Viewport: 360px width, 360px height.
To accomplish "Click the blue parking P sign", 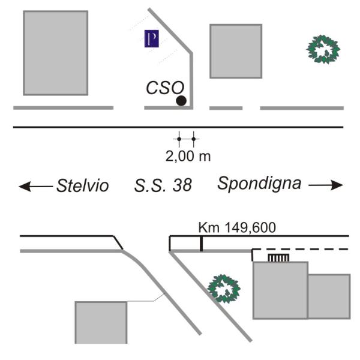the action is (x=152, y=38).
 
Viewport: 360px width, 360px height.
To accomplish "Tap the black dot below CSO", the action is (x=181, y=101).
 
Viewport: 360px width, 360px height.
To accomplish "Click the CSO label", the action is (x=165, y=88).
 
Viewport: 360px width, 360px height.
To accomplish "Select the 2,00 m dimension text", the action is (x=188, y=157).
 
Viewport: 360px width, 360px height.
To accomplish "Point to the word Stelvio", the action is (x=83, y=185).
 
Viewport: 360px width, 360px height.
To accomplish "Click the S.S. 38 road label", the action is (x=163, y=185).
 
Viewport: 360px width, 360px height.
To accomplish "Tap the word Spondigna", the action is (x=259, y=184).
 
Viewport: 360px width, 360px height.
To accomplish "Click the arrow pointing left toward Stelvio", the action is (x=36, y=186).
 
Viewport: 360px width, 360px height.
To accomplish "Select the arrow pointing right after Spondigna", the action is (x=326, y=185).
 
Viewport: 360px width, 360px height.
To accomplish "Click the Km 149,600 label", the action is (x=237, y=227).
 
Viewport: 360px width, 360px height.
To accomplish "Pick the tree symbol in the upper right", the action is (x=323, y=49).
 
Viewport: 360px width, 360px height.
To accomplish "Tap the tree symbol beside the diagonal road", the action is (x=224, y=289).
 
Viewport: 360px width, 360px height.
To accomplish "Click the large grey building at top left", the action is (x=56, y=53).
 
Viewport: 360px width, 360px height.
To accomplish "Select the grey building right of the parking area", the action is (x=236, y=51).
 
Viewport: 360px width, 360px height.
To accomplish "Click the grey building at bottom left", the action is (x=101, y=323).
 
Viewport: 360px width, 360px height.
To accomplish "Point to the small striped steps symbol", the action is (x=278, y=258).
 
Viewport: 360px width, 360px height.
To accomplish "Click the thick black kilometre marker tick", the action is (x=202, y=244).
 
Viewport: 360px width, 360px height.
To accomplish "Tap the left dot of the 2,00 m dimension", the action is (x=179, y=139).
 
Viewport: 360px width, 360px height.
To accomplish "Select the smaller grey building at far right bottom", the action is (x=329, y=296).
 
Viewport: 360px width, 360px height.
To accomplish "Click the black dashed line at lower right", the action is (x=301, y=249).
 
